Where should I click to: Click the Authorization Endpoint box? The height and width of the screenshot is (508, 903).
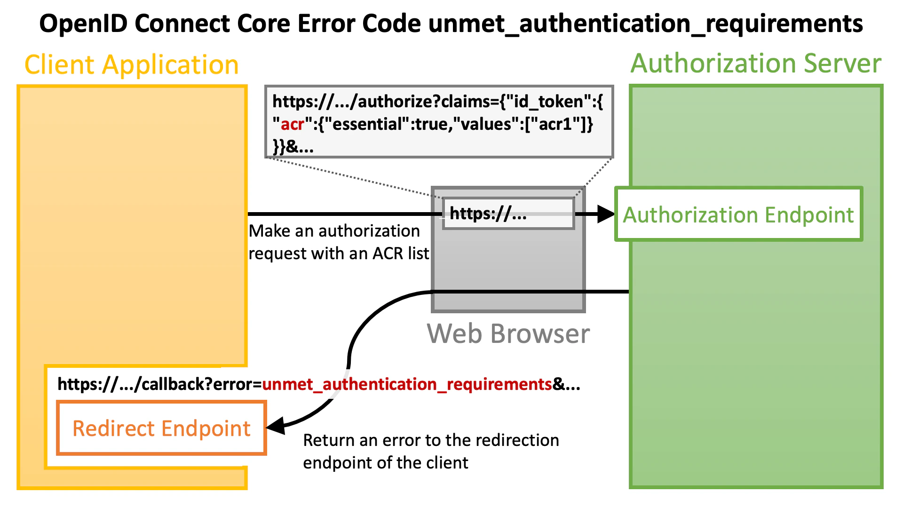tap(738, 214)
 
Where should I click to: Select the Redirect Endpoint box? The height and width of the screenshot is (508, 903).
tap(161, 428)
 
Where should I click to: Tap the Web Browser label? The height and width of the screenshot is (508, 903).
tap(508, 333)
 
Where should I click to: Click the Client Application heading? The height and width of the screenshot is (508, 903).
tap(131, 64)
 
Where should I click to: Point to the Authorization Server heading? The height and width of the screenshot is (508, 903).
tap(756, 63)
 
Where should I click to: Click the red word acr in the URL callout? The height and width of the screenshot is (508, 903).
tap(292, 124)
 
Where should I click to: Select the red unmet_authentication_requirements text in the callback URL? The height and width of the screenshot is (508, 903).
tap(407, 384)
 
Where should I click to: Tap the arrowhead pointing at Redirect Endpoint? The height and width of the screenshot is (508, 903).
tap(276, 426)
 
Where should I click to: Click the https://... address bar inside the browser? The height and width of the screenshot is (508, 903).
tap(508, 214)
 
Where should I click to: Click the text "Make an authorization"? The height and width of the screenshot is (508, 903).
tap(334, 231)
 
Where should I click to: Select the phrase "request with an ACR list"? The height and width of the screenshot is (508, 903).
tap(339, 254)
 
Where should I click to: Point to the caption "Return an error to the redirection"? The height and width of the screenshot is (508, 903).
tap(431, 440)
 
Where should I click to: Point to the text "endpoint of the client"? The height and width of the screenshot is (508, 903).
tap(386, 463)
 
